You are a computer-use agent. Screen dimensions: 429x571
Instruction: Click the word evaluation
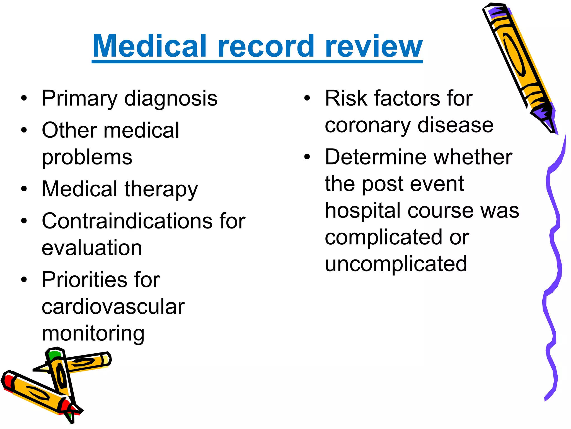(92, 248)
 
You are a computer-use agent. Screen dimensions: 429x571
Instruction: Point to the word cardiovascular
(113, 307)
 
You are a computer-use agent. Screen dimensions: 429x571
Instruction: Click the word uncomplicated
(396, 264)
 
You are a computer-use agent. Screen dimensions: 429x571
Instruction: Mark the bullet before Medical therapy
(24, 189)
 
